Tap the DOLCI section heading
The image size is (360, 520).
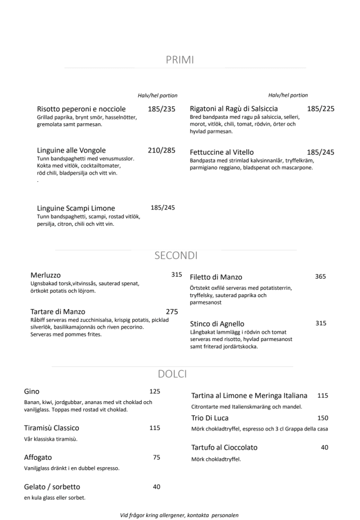(172, 373)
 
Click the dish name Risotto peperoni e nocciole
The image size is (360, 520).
(81, 109)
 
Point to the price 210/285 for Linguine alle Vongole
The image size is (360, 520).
(161, 150)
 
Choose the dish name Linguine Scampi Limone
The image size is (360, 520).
(76, 208)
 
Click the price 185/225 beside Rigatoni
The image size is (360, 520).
(321, 108)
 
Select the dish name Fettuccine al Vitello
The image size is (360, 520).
(222, 152)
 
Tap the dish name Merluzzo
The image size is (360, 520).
(45, 275)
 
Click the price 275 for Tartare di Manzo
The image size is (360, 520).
(173, 311)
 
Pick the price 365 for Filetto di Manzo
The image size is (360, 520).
(321, 277)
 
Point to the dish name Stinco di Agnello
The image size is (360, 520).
(217, 324)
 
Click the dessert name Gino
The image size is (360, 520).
(31, 391)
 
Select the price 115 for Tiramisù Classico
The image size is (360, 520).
(155, 428)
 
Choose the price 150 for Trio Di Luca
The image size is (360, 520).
(322, 418)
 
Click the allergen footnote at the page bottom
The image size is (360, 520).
(179, 514)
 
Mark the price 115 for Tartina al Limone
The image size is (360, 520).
(322, 396)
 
